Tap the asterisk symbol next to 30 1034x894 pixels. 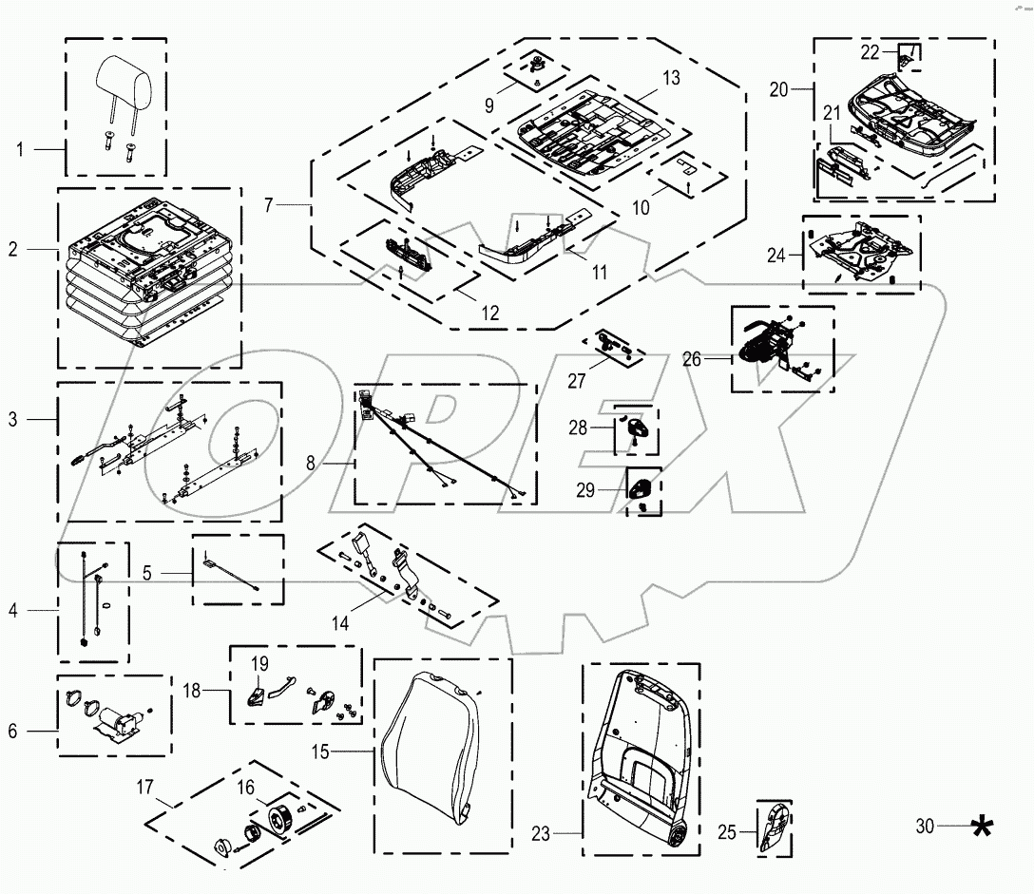tap(986, 828)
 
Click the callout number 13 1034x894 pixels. tap(671, 79)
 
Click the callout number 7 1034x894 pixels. tap(269, 205)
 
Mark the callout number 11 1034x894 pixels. tap(599, 272)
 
